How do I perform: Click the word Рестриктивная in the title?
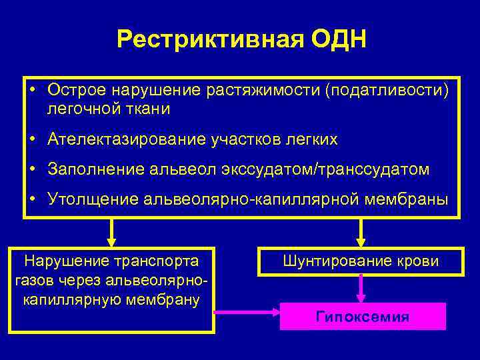click(x=211, y=39)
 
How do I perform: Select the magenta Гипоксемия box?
click(x=362, y=316)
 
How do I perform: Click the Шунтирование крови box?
click(x=361, y=261)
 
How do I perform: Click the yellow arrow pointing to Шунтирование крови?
click(x=361, y=233)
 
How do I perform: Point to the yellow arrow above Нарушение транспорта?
click(x=111, y=233)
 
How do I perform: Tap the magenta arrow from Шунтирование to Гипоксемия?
click(x=361, y=289)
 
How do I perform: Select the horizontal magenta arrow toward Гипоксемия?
click(x=247, y=311)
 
